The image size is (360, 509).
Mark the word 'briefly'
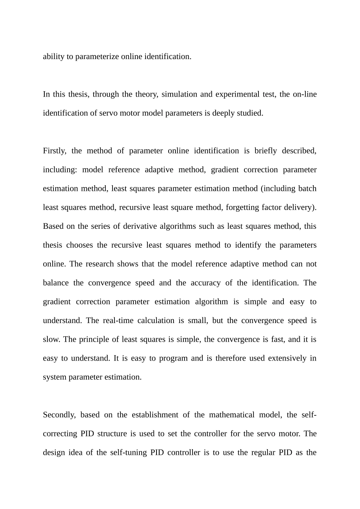click(x=266, y=151)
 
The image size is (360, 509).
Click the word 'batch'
click(x=307, y=189)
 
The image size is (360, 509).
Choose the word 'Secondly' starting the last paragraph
click(x=59, y=415)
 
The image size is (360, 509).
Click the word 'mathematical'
click(x=232, y=415)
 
